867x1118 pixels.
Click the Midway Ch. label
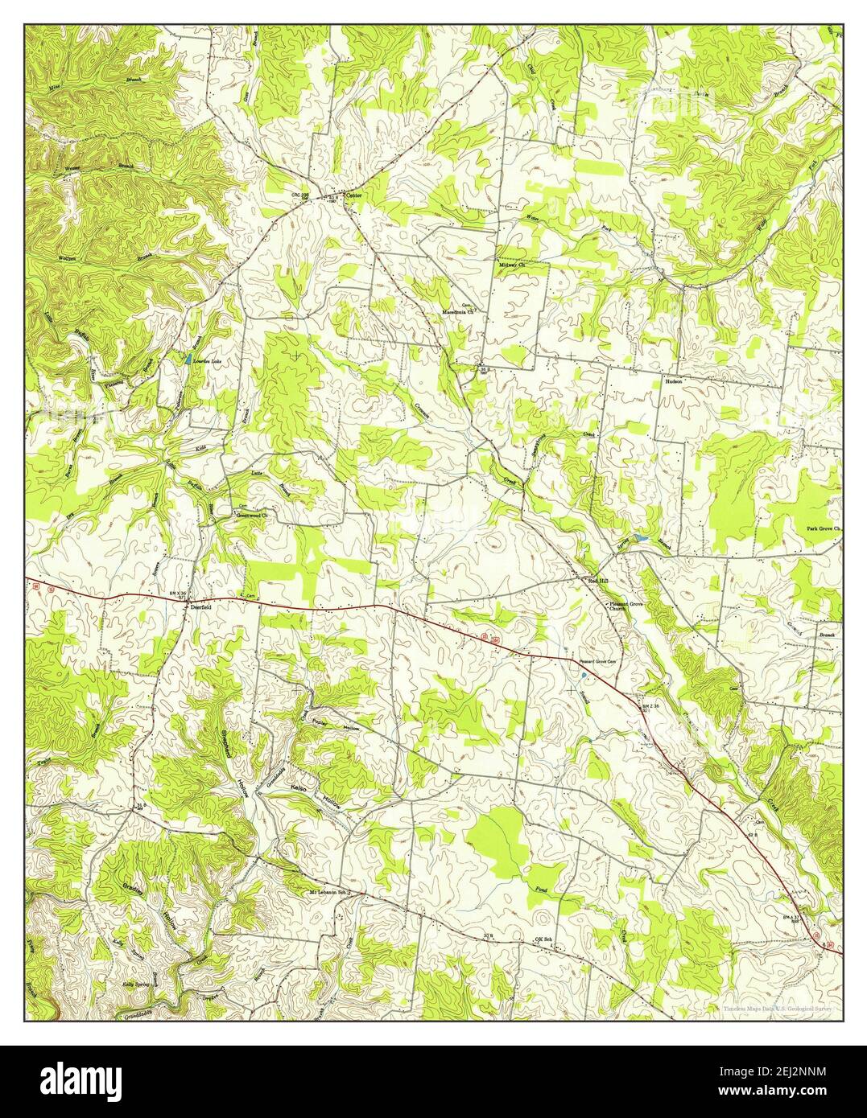click(x=512, y=264)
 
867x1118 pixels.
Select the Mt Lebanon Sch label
click(x=332, y=893)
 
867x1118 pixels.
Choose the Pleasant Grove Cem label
click(x=602, y=662)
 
